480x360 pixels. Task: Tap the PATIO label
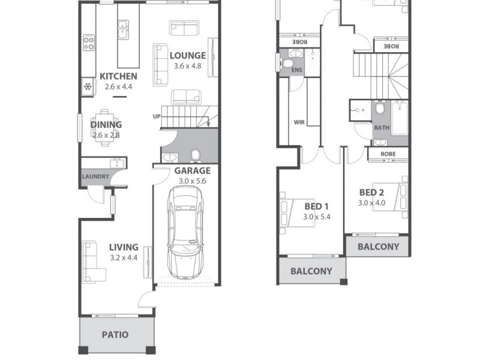[115, 335]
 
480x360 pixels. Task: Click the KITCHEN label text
[118, 76]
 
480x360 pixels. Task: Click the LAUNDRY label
[95, 176]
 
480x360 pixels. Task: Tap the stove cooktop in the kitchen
[88, 41]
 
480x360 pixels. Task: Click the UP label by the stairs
[157, 116]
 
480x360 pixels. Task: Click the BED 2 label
[371, 193]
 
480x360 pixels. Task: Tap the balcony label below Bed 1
[311, 271]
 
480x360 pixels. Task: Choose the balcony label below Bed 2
[378, 247]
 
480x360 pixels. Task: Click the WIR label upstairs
[299, 122]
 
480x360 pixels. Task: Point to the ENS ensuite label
[296, 70]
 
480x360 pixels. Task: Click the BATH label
[382, 128]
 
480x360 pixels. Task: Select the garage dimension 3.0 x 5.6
[192, 181]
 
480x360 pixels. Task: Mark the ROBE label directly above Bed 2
[388, 154]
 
